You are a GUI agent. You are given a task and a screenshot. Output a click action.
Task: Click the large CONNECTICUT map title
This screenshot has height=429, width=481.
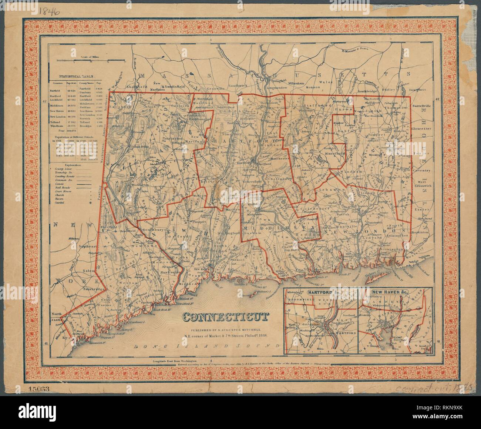tap(225, 317)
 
